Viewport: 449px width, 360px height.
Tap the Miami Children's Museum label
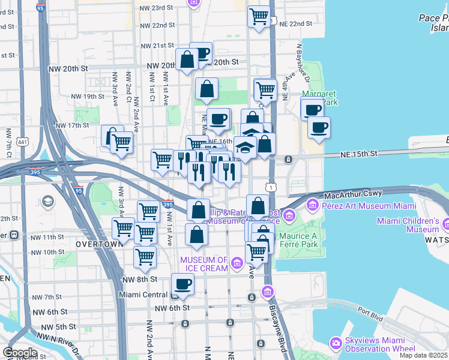(x=408, y=225)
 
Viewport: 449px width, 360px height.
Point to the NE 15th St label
(x=354, y=154)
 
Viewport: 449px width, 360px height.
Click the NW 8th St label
(x=139, y=279)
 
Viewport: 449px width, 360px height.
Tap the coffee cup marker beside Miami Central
(x=182, y=284)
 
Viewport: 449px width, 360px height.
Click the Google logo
(x=20, y=352)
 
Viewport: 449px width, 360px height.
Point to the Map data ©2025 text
(x=423, y=355)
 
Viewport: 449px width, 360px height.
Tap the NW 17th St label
(x=71, y=125)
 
